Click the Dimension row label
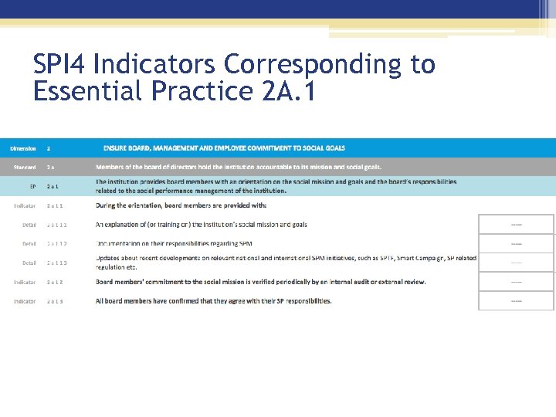coord(22,147)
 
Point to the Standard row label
coord(24,167)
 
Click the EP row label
coord(32,186)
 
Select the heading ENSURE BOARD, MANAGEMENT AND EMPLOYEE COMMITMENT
coord(224,147)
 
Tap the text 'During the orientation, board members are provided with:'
coord(181,205)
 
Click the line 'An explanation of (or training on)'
coord(201,225)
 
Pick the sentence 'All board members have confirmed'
coord(213,301)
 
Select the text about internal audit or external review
coord(260,282)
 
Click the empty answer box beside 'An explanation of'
coord(516,225)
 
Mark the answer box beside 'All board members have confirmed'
coord(516,300)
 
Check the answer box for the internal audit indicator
coord(516,282)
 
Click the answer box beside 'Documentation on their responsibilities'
coord(516,244)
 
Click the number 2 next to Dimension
coord(49,147)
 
